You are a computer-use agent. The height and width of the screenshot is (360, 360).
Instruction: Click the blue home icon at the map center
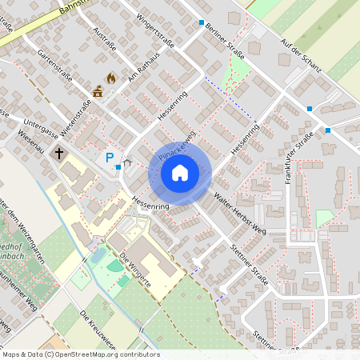coord(180,172)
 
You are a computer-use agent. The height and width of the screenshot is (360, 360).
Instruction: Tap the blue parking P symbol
coord(110,158)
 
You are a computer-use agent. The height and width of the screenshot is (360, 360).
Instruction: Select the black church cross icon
coord(58,152)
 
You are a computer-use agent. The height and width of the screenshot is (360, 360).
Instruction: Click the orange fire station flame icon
coord(110,78)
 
